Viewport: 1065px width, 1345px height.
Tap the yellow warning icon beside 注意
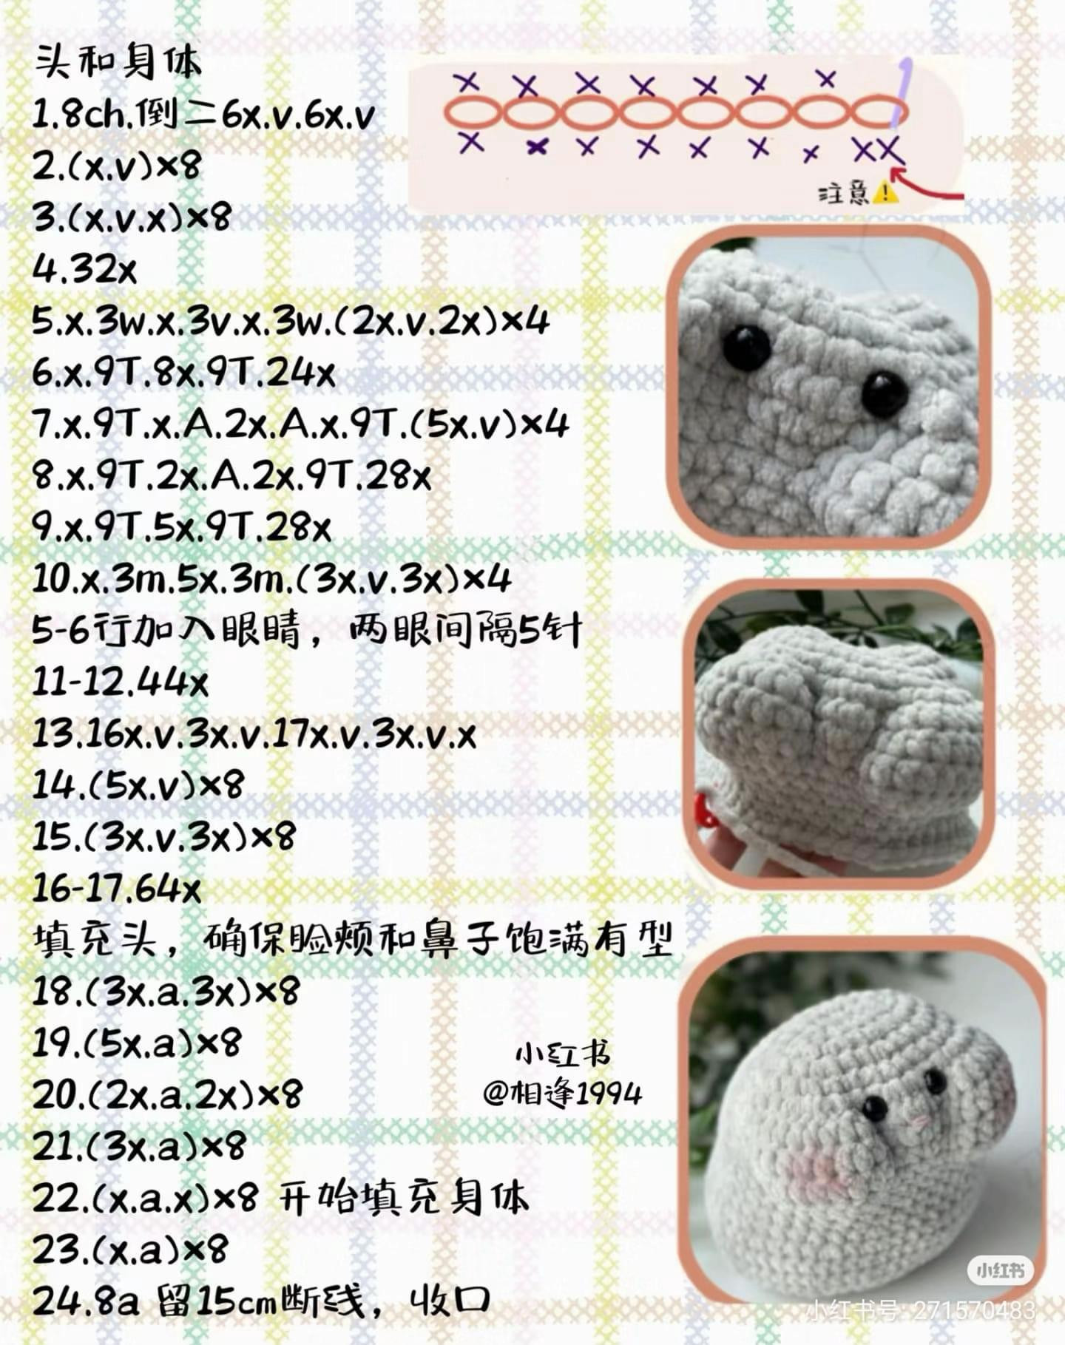[x=885, y=194]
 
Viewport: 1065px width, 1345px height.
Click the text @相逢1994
[x=562, y=1093]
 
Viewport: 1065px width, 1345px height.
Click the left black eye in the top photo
[x=746, y=348]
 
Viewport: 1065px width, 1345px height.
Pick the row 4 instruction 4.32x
[x=85, y=271]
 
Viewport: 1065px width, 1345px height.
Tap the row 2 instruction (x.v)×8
[x=117, y=167]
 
